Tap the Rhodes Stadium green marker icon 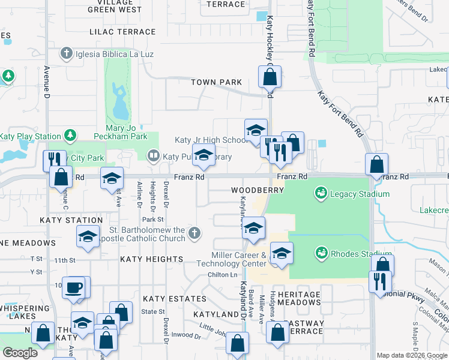[320, 253]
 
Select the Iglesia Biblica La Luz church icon [67, 55]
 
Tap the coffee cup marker [74, 286]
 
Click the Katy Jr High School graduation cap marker [256, 129]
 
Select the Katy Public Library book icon [153, 157]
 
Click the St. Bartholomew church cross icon [193, 233]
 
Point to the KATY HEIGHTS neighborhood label [151, 259]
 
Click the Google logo [20, 353]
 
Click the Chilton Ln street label [223, 274]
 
